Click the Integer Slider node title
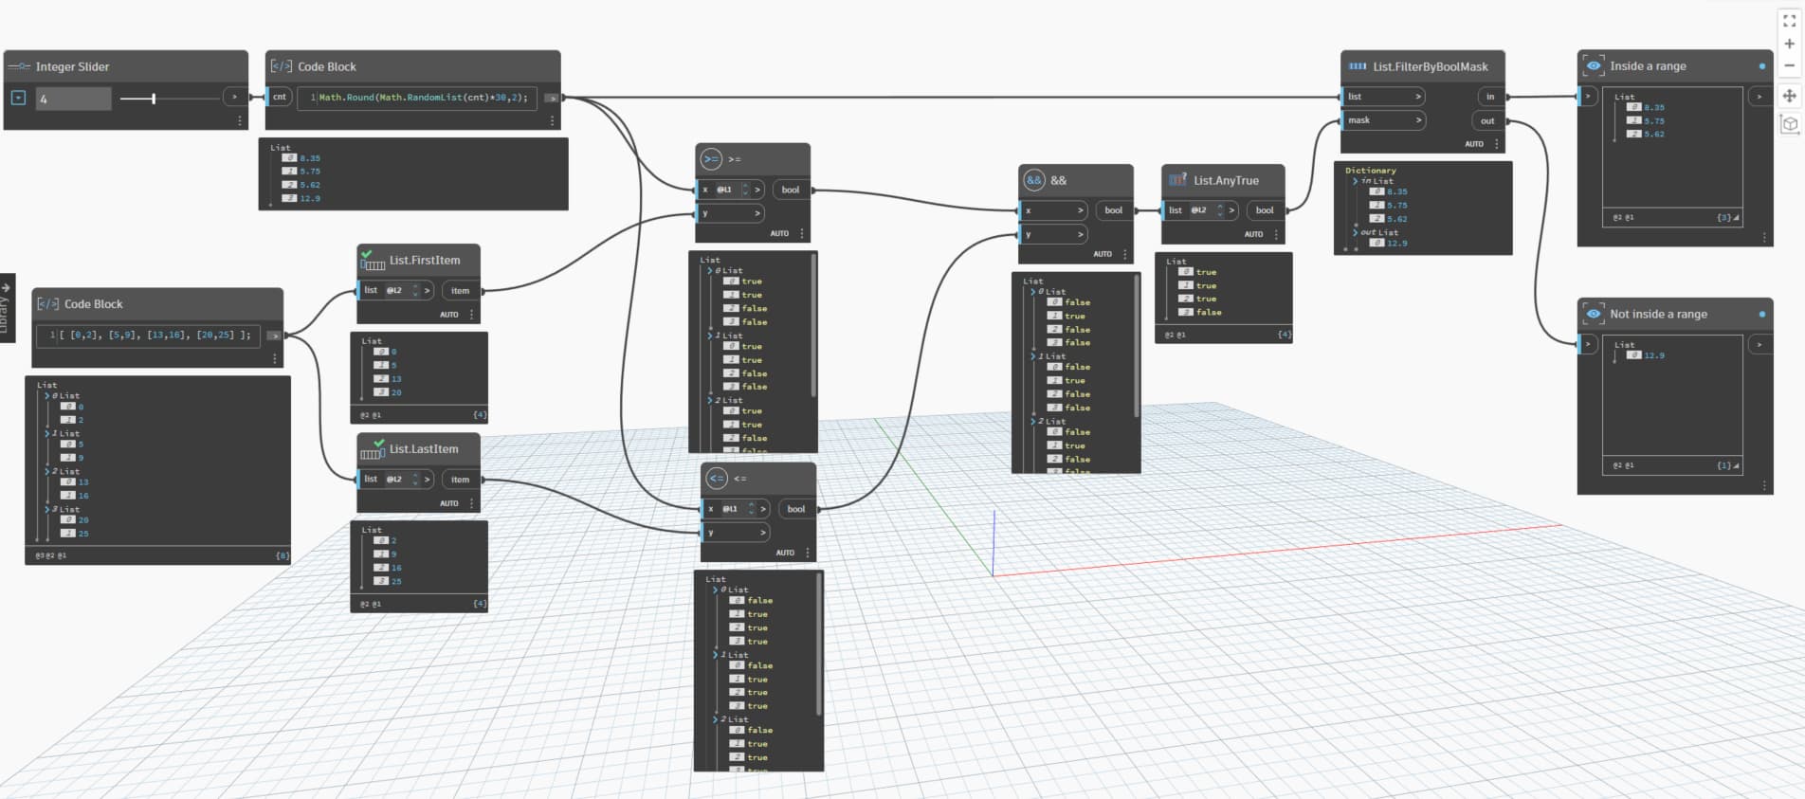pos(72,66)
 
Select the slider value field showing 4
pos(73,99)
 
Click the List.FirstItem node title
pos(424,260)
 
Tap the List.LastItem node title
pos(423,449)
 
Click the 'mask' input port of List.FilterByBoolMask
pos(1383,120)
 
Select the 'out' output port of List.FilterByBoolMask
pos(1487,121)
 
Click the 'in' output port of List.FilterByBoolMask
pos(1489,97)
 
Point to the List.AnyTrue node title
pos(1226,180)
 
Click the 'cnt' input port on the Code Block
pos(280,97)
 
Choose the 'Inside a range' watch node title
pos(1648,66)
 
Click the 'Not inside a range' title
pos(1658,314)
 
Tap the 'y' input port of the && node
pos(1052,234)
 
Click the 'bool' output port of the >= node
pos(791,190)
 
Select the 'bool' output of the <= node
pos(796,509)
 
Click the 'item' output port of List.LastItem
pos(460,480)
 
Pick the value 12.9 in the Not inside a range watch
pos(1653,355)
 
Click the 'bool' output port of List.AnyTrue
pos(1265,210)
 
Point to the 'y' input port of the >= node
pos(730,213)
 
